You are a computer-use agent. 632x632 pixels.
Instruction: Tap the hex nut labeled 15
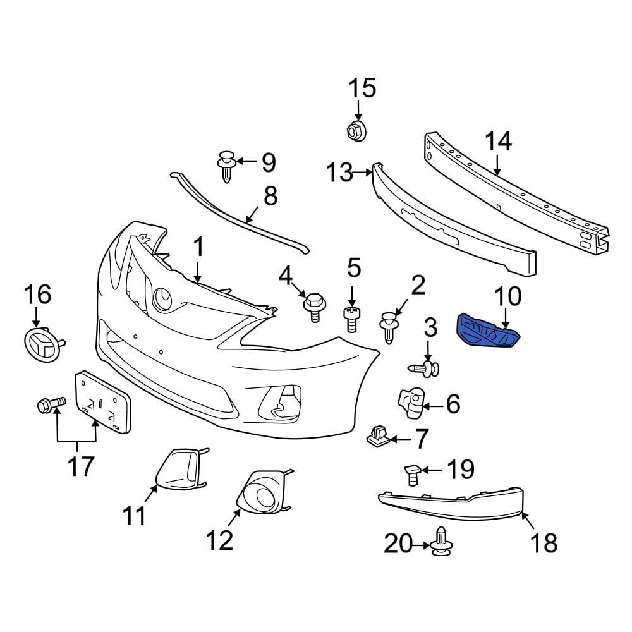tap(356, 131)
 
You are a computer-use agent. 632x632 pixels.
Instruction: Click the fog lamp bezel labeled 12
tap(262, 494)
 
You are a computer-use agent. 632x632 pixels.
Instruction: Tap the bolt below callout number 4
tap(313, 305)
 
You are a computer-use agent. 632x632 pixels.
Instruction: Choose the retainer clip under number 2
tap(389, 325)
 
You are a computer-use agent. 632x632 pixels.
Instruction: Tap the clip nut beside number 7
tap(377, 435)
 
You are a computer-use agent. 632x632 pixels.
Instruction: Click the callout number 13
tap(339, 172)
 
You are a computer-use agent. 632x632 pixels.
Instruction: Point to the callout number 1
tap(198, 247)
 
